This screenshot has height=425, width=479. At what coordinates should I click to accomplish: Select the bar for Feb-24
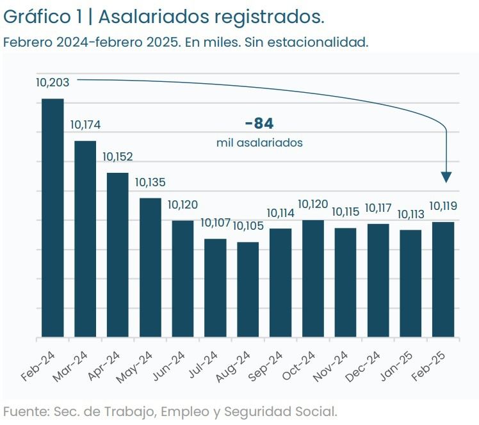pos(53,218)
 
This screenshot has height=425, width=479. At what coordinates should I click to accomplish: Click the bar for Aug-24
pos(248,289)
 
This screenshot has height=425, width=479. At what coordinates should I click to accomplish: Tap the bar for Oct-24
pos(313,278)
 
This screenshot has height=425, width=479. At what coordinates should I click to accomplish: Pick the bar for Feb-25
pos(443,279)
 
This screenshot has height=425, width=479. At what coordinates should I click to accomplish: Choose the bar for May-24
pos(150,268)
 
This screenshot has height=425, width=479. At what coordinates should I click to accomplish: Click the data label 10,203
pos(53,82)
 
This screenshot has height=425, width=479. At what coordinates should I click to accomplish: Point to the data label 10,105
pos(248,226)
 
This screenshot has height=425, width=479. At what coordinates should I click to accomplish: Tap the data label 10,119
pos(443,206)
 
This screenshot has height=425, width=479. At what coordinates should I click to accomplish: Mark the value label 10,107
pos(216,223)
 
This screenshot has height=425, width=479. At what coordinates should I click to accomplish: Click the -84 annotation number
pos(259,124)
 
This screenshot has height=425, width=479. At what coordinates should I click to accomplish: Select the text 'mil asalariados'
pos(259,143)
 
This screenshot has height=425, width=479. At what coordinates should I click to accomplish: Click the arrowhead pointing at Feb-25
pos(446,177)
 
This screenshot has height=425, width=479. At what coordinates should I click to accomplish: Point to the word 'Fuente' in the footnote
pos(24,410)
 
